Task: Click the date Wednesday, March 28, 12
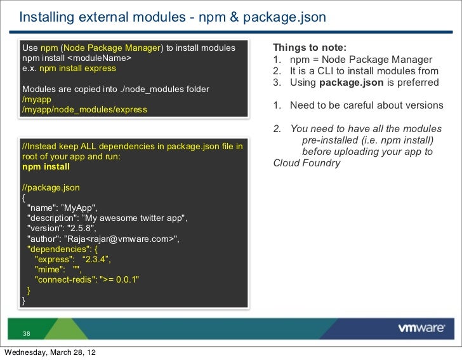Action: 51,353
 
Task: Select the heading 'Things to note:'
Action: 310,48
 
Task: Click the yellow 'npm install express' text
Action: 77,69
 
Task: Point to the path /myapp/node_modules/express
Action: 84,109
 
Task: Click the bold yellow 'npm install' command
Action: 46,167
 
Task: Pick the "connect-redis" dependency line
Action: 87,279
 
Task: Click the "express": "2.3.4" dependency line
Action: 73,259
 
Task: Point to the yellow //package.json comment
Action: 51,188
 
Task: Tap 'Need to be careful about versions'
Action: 366,105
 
